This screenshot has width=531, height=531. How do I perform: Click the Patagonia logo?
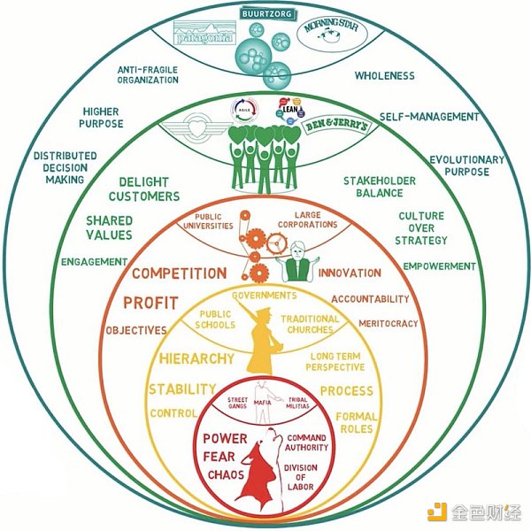point(206,37)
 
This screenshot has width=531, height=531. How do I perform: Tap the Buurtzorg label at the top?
point(265,14)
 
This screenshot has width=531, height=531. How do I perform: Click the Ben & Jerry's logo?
point(334,127)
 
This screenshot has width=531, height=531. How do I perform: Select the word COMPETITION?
point(180,273)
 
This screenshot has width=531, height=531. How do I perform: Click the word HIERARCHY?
point(196,359)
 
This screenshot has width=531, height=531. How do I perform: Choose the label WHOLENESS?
point(384,75)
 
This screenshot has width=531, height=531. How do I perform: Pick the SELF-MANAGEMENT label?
point(429,116)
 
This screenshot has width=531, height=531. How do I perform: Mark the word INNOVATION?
point(350,273)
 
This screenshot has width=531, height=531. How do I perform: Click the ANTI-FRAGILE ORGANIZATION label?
point(148,73)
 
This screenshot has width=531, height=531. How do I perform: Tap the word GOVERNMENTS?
point(264,294)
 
